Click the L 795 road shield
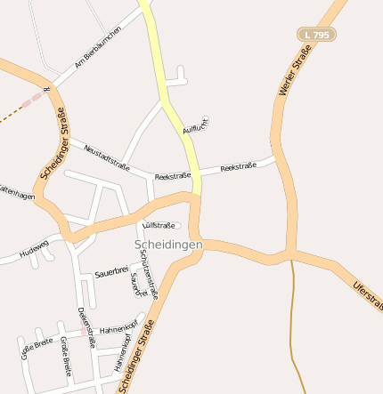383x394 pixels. pyautogui.click(x=316, y=34)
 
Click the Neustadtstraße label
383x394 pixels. pyautogui.click(x=107, y=157)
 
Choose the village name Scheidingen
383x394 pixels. pyautogui.click(x=168, y=244)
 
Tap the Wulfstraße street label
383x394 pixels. pyautogui.click(x=160, y=225)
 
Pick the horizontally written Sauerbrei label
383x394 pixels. pyautogui.click(x=111, y=273)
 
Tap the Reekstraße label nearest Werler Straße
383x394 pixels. pyautogui.click(x=238, y=166)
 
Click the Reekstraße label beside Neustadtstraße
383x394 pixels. pyautogui.click(x=173, y=177)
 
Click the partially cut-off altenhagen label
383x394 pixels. pyautogui.click(x=17, y=193)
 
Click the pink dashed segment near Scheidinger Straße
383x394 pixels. pyautogui.click(x=33, y=101)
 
